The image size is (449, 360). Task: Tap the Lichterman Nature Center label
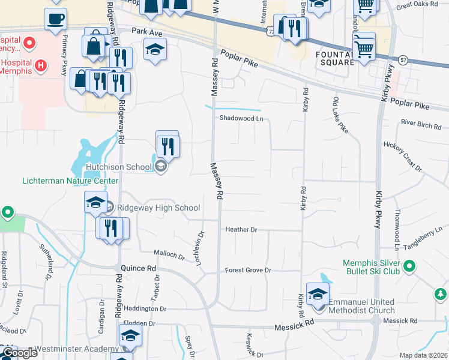[x=70, y=181]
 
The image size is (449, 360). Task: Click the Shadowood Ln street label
[x=241, y=119]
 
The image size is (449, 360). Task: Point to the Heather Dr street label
[x=241, y=230]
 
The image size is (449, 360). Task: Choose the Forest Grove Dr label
[x=248, y=271]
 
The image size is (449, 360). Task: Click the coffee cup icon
[x=55, y=18]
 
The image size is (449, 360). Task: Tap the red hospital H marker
[x=41, y=65]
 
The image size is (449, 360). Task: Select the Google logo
[x=20, y=353]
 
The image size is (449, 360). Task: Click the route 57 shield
[x=402, y=60]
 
